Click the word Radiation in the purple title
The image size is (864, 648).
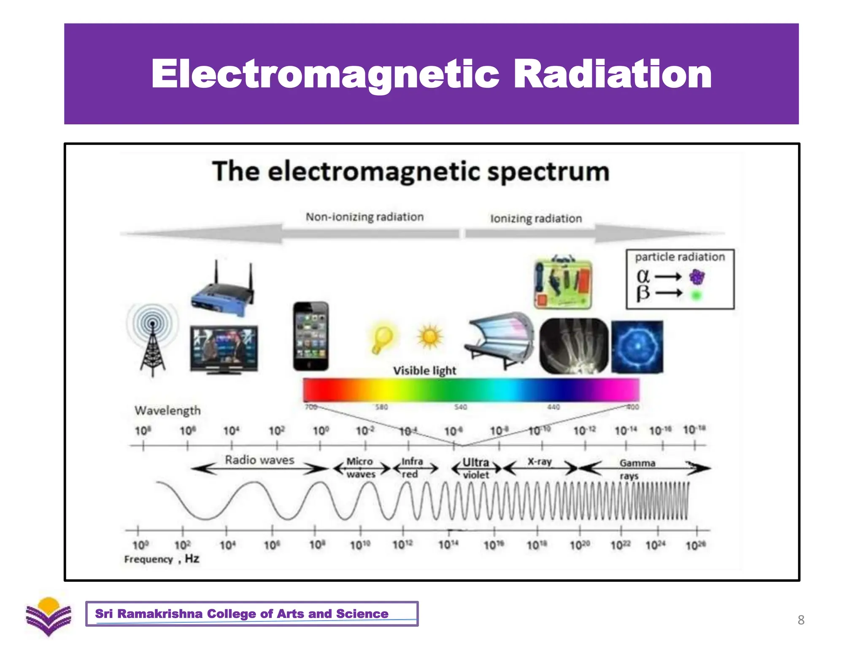point(612,74)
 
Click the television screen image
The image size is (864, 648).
point(224,348)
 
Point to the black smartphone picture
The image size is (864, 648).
point(311,336)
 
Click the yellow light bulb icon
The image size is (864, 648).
point(382,339)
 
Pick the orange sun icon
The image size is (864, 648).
point(429,337)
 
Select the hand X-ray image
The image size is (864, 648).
point(574,346)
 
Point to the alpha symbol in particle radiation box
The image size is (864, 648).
point(643,276)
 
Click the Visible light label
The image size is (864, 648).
point(424,371)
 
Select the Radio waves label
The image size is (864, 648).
point(259,460)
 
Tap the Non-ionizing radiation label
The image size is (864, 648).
point(364,217)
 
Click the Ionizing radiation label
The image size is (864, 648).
point(536,219)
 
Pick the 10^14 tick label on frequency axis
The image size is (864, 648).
point(448,545)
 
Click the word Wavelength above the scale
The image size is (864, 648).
point(167,410)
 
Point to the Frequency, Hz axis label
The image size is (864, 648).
point(162,559)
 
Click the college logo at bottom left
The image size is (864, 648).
point(49,616)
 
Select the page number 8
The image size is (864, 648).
point(801,620)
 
